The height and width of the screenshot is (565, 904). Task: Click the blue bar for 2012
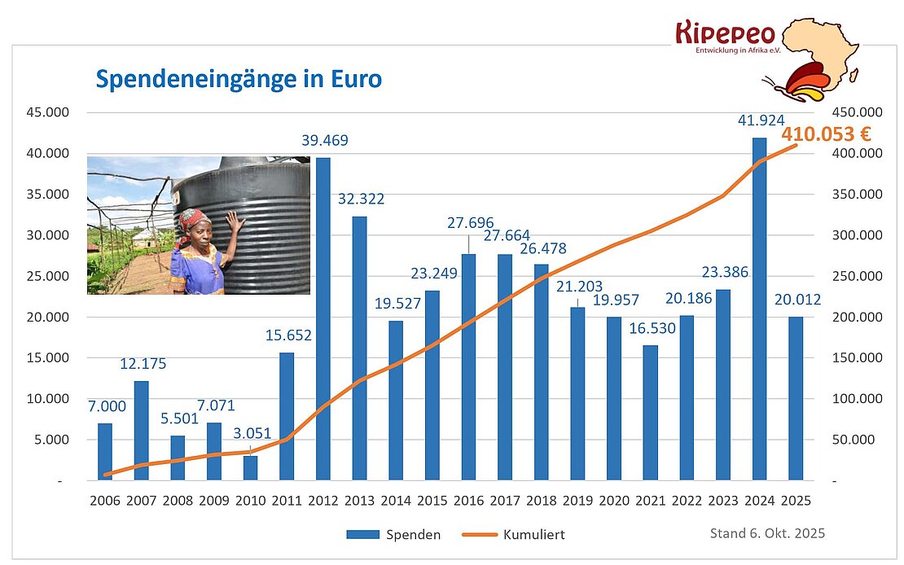click(323, 318)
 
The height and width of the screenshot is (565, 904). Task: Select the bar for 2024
click(759, 309)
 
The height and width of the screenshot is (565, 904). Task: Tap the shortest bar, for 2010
click(250, 467)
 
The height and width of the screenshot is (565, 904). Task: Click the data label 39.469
click(323, 141)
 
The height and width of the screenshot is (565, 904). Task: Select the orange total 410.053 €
click(827, 134)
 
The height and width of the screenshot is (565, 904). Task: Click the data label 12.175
click(143, 363)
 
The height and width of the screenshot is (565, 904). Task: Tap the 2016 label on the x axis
click(468, 501)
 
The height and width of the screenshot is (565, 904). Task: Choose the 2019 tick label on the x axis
click(577, 501)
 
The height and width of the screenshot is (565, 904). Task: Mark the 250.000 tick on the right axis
click(852, 276)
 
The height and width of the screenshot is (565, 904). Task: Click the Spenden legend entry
click(394, 535)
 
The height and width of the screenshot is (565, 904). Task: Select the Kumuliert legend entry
click(513, 535)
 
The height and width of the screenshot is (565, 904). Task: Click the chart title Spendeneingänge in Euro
click(239, 80)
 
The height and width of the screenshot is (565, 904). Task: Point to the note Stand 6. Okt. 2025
click(767, 533)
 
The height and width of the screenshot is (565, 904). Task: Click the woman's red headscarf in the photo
click(195, 218)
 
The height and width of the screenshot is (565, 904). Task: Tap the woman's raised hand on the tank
click(234, 221)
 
